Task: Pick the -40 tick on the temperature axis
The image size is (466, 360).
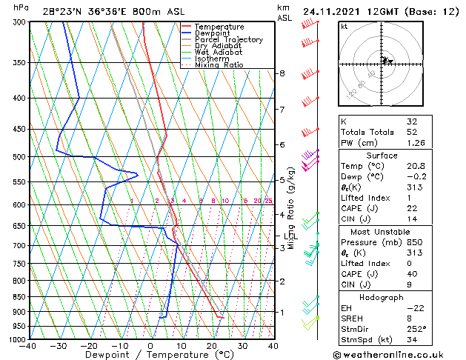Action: click(28, 346)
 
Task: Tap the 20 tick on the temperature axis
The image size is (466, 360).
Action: click(212, 346)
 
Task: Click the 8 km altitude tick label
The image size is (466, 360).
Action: click(282, 73)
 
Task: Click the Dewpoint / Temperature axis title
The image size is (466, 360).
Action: click(150, 356)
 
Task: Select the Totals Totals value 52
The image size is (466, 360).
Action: click(412, 132)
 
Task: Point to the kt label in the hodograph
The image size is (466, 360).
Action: click(344, 26)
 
